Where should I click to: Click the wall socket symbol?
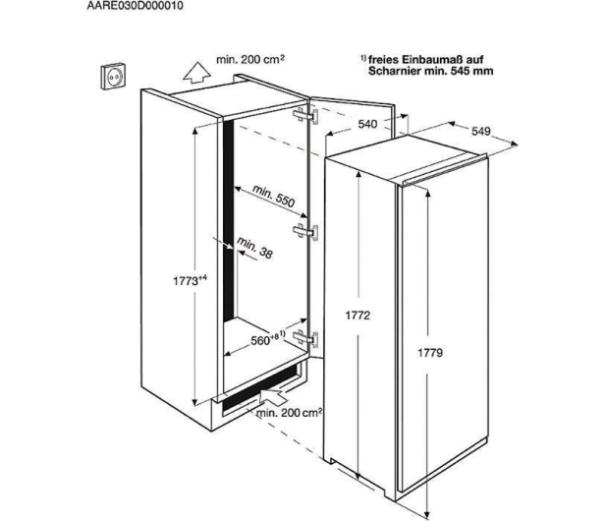(x=113, y=76)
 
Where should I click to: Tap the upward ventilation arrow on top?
(x=196, y=72)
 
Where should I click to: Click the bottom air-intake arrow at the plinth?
(x=274, y=397)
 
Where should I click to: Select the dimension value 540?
(x=367, y=124)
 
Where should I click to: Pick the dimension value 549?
(x=481, y=132)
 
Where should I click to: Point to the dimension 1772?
(x=358, y=316)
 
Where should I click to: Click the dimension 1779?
(x=430, y=353)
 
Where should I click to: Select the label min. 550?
(x=274, y=196)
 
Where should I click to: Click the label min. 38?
(x=254, y=248)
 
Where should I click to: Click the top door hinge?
(x=305, y=116)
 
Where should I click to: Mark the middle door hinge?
(x=305, y=232)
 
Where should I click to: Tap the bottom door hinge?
(x=305, y=338)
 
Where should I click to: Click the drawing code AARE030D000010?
(x=135, y=6)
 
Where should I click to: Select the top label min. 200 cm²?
(x=250, y=60)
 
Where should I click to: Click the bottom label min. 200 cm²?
(x=289, y=413)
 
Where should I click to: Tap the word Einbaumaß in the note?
(x=432, y=60)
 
